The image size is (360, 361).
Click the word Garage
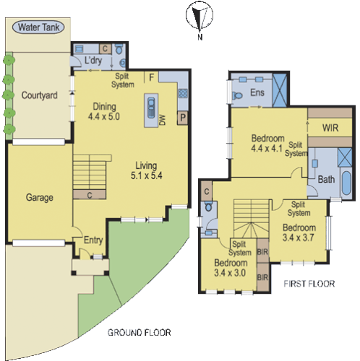tap(40, 196)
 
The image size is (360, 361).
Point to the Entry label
tap(93, 240)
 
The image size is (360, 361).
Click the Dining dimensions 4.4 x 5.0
tap(103, 116)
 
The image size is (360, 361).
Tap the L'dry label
tap(93, 61)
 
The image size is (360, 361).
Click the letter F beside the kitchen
tap(151, 76)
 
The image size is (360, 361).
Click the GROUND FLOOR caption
tap(139, 333)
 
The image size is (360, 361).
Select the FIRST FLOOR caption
tap(309, 284)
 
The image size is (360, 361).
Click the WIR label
tap(330, 128)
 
